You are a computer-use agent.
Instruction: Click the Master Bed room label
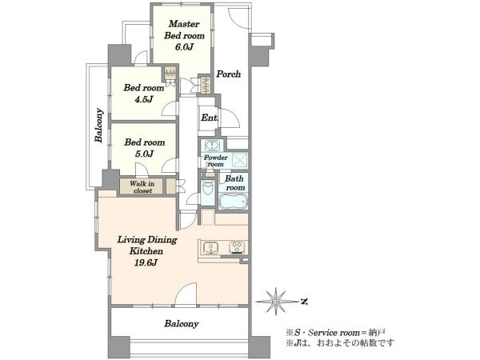[x=184, y=30]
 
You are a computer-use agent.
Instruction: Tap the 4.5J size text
[x=143, y=99]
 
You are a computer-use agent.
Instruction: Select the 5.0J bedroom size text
[x=144, y=154]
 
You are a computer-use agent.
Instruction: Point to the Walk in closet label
[x=142, y=187]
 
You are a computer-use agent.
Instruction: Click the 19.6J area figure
[x=146, y=262]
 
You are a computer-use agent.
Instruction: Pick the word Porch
[x=228, y=74]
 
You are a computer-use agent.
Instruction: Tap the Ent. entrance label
[x=210, y=118]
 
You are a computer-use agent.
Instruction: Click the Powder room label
[x=216, y=161]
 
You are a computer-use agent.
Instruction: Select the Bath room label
[x=234, y=182]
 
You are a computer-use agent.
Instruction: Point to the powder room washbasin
[x=212, y=145]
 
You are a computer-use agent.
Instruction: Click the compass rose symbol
[x=276, y=302]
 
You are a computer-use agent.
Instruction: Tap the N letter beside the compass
[x=304, y=302]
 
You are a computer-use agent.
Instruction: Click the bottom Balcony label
[x=182, y=324]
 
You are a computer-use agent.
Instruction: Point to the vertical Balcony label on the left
[x=99, y=126]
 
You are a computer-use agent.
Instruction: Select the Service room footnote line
[x=335, y=333]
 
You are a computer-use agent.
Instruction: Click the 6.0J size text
[x=184, y=47]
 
